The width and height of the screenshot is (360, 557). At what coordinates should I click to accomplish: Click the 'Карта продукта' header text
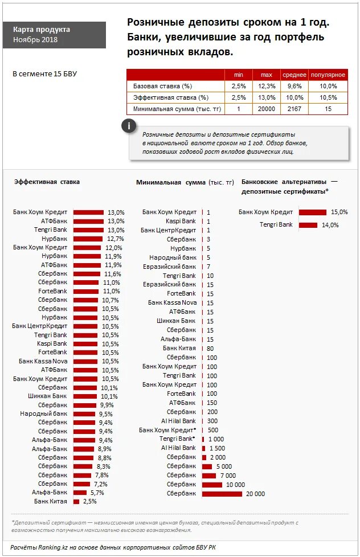pos(42,29)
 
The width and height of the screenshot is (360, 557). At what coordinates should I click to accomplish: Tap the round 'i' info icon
pos(130,126)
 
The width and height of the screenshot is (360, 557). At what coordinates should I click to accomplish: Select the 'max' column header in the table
pos(266,75)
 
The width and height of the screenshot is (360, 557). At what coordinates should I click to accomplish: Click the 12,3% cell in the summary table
pos(266,86)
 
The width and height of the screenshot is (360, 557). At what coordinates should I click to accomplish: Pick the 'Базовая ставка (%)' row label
pos(163,86)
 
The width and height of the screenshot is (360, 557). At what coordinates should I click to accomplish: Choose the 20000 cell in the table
pos(266,109)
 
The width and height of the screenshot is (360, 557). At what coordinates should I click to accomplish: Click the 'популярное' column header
pos(328,75)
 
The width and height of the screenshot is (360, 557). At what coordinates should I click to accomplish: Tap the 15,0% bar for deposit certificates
pos(312,212)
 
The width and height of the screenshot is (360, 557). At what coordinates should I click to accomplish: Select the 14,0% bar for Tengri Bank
pos(308,225)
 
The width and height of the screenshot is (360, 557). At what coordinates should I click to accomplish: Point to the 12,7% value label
pos(115,239)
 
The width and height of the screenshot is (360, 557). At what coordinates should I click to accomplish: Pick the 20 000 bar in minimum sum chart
pos(222,494)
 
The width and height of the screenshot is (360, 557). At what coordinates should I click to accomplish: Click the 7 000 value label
pos(228,476)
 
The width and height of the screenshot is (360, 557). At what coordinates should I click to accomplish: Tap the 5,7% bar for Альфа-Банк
pos(80,493)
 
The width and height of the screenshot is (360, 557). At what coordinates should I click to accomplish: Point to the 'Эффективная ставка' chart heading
pos(47,182)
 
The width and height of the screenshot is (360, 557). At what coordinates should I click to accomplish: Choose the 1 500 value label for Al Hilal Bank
pos(217,448)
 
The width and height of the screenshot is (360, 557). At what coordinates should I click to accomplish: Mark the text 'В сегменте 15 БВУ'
pos(44,74)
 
